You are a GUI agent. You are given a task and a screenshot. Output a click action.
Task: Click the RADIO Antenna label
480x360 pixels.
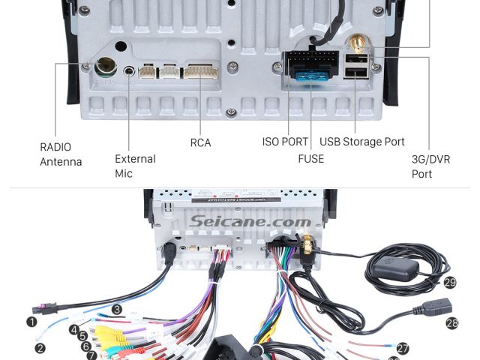pos(61,154)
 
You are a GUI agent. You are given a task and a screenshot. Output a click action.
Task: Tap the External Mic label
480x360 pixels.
pos(135,166)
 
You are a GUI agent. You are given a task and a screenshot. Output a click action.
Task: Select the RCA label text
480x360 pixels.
pos(200,142)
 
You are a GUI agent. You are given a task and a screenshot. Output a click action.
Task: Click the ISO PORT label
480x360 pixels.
pos(285,141)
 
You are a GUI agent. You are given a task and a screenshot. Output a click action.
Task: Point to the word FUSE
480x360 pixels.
pos(310,158)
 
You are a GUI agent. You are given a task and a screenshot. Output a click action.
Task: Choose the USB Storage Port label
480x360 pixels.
pos(362,141)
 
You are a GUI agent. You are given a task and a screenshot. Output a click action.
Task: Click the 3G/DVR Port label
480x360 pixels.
pos(432,166)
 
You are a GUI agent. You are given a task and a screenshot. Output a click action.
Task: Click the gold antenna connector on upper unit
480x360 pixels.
pos(357,46)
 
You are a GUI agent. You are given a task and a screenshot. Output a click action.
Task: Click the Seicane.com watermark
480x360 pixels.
pos(250,221)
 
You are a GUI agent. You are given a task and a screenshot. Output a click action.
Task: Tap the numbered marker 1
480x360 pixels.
pos(32,322)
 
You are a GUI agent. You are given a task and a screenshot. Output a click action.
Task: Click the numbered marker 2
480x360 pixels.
pos(40,348)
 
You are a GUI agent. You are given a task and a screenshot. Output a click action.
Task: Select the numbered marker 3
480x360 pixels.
pos(117,309)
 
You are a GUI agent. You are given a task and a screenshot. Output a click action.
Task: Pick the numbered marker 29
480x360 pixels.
pos(450,282)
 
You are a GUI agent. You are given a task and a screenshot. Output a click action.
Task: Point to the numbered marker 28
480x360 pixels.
pos(451,323)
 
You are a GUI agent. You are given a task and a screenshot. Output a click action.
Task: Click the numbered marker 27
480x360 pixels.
pos(403,348)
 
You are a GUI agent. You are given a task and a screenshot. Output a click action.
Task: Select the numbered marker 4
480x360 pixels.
pos(74,329)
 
